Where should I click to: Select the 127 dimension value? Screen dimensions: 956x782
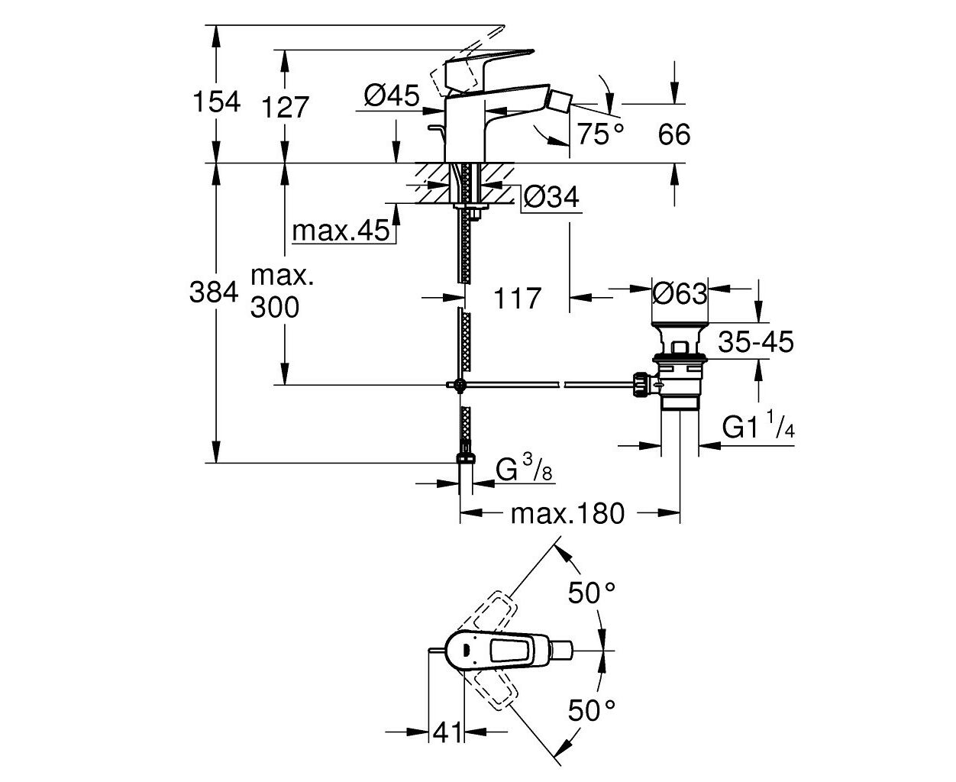(285, 107)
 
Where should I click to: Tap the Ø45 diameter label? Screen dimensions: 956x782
(392, 95)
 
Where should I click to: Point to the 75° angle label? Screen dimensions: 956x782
(600, 134)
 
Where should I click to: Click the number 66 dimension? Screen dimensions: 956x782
(674, 134)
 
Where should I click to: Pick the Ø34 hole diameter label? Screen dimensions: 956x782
(551, 197)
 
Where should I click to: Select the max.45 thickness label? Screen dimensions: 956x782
(341, 231)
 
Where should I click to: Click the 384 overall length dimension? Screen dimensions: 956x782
(214, 292)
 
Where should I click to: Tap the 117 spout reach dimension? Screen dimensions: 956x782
(517, 298)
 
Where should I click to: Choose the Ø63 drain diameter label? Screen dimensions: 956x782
(680, 293)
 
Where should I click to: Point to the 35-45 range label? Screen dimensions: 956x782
(756, 341)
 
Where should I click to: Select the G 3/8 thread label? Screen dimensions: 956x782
(524, 467)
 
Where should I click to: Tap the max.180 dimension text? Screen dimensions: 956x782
(567, 514)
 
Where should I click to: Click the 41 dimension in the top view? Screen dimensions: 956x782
(447, 732)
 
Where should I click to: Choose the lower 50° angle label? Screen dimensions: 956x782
(592, 710)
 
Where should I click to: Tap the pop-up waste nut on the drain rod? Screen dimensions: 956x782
(640, 384)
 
